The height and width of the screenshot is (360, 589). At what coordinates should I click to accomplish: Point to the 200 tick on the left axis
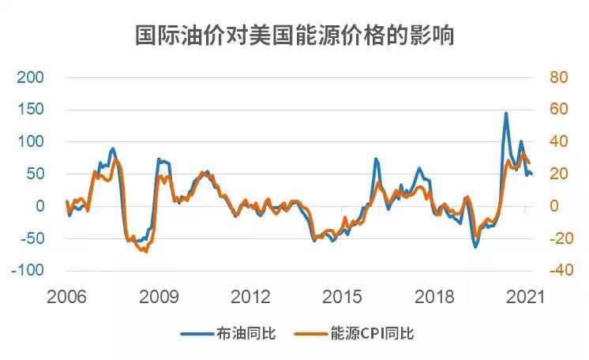[x=30, y=77]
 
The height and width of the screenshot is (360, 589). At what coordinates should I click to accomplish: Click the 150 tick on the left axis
[x=30, y=110]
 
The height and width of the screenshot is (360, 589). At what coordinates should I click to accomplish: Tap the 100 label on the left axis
[x=30, y=142]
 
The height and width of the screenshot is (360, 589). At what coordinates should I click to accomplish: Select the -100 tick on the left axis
[x=28, y=270]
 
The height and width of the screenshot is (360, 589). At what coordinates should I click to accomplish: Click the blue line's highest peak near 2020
[x=506, y=113]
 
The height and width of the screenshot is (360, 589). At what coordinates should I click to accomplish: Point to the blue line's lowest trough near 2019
[x=475, y=247]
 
